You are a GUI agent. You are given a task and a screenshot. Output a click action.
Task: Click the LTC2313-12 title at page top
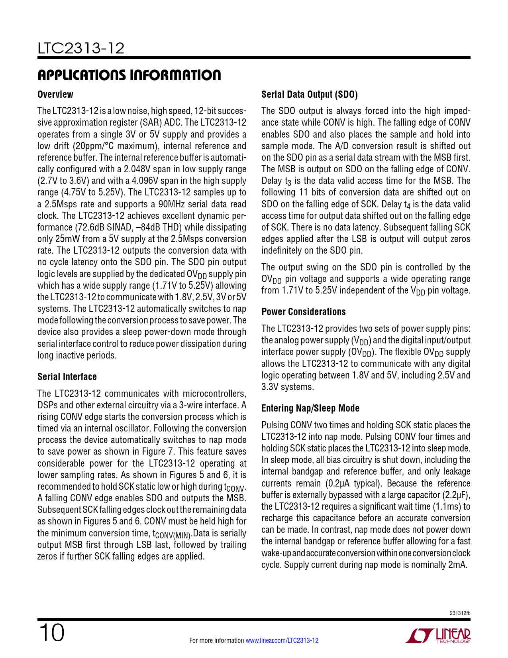(x=81, y=49)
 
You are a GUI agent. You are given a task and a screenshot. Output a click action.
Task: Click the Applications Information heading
(x=129, y=75)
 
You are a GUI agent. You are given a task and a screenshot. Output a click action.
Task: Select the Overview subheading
(x=55, y=95)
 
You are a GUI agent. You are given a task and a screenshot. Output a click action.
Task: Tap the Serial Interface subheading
(x=67, y=377)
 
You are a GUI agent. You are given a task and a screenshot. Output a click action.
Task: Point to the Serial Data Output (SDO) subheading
(x=310, y=95)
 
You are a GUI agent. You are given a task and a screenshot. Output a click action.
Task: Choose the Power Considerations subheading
(x=304, y=312)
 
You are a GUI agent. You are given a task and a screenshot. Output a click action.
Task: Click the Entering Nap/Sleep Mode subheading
(x=310, y=408)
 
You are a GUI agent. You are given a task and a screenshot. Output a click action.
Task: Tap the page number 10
(x=51, y=633)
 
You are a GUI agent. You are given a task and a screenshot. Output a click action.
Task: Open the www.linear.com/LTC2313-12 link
(x=282, y=640)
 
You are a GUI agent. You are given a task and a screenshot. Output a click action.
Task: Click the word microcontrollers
(x=212, y=394)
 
